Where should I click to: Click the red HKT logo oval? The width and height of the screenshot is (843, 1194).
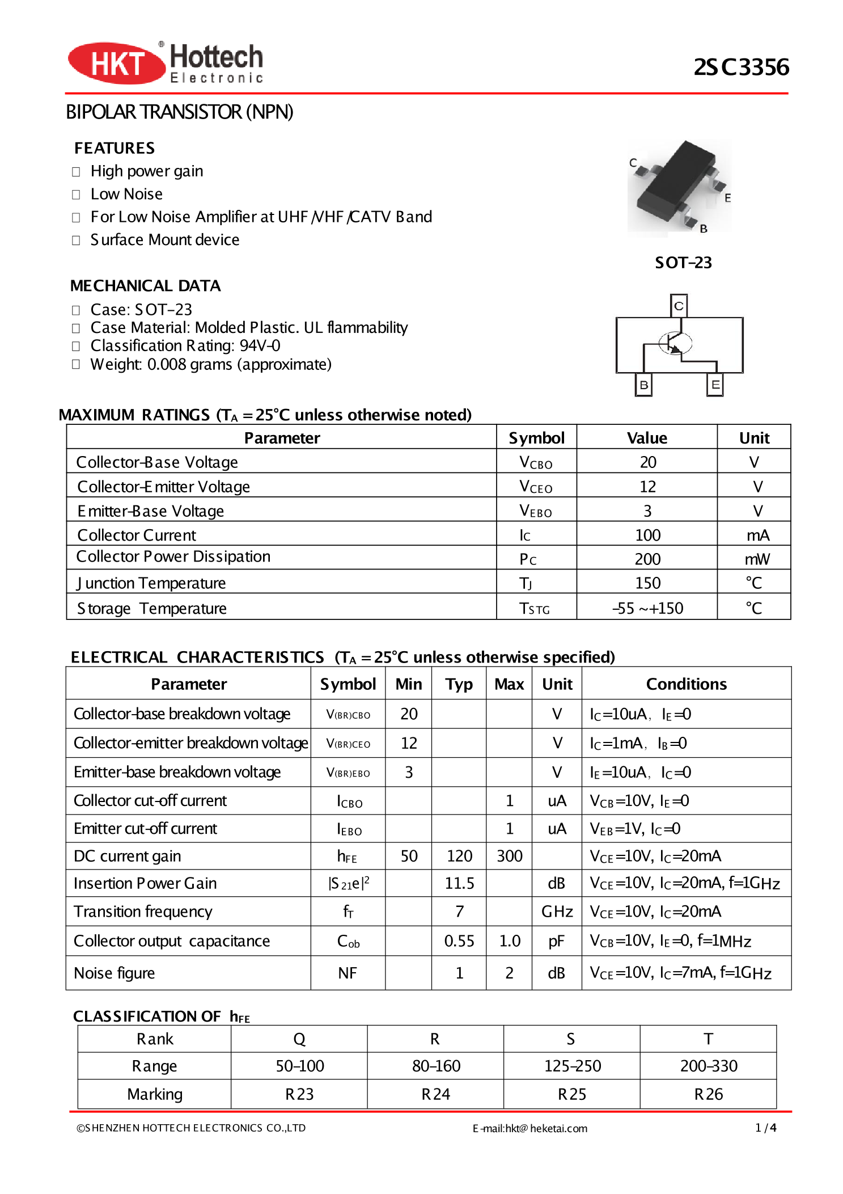tap(116, 63)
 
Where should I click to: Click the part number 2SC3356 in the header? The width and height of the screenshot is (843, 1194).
tap(741, 67)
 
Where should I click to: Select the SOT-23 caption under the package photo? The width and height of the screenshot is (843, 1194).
tap(683, 263)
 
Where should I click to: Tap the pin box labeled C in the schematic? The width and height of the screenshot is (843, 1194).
tap(679, 306)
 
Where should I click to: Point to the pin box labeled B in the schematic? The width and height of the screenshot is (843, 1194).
tap(643, 385)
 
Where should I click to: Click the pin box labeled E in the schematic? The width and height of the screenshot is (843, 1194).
tap(715, 384)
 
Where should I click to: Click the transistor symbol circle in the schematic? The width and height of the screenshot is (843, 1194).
tap(675, 343)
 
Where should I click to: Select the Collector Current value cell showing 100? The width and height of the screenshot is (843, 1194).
tap(647, 535)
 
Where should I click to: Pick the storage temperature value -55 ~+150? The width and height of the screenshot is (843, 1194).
tap(647, 608)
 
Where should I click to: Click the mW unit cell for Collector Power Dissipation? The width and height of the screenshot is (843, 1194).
tap(756, 559)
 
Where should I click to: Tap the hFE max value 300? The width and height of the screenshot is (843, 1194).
tap(509, 856)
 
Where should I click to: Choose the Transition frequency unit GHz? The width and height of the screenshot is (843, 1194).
tap(557, 912)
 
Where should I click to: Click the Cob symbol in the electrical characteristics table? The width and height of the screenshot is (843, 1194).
tap(348, 941)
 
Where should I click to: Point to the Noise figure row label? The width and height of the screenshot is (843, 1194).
tap(115, 973)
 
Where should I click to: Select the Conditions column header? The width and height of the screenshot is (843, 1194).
tap(686, 684)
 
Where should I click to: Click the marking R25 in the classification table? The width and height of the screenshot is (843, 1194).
tap(571, 1094)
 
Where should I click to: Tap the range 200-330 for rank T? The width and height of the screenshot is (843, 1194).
tap(709, 1066)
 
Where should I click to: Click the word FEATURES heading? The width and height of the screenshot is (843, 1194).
tap(115, 148)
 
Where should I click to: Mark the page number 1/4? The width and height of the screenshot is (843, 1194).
tap(765, 1128)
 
